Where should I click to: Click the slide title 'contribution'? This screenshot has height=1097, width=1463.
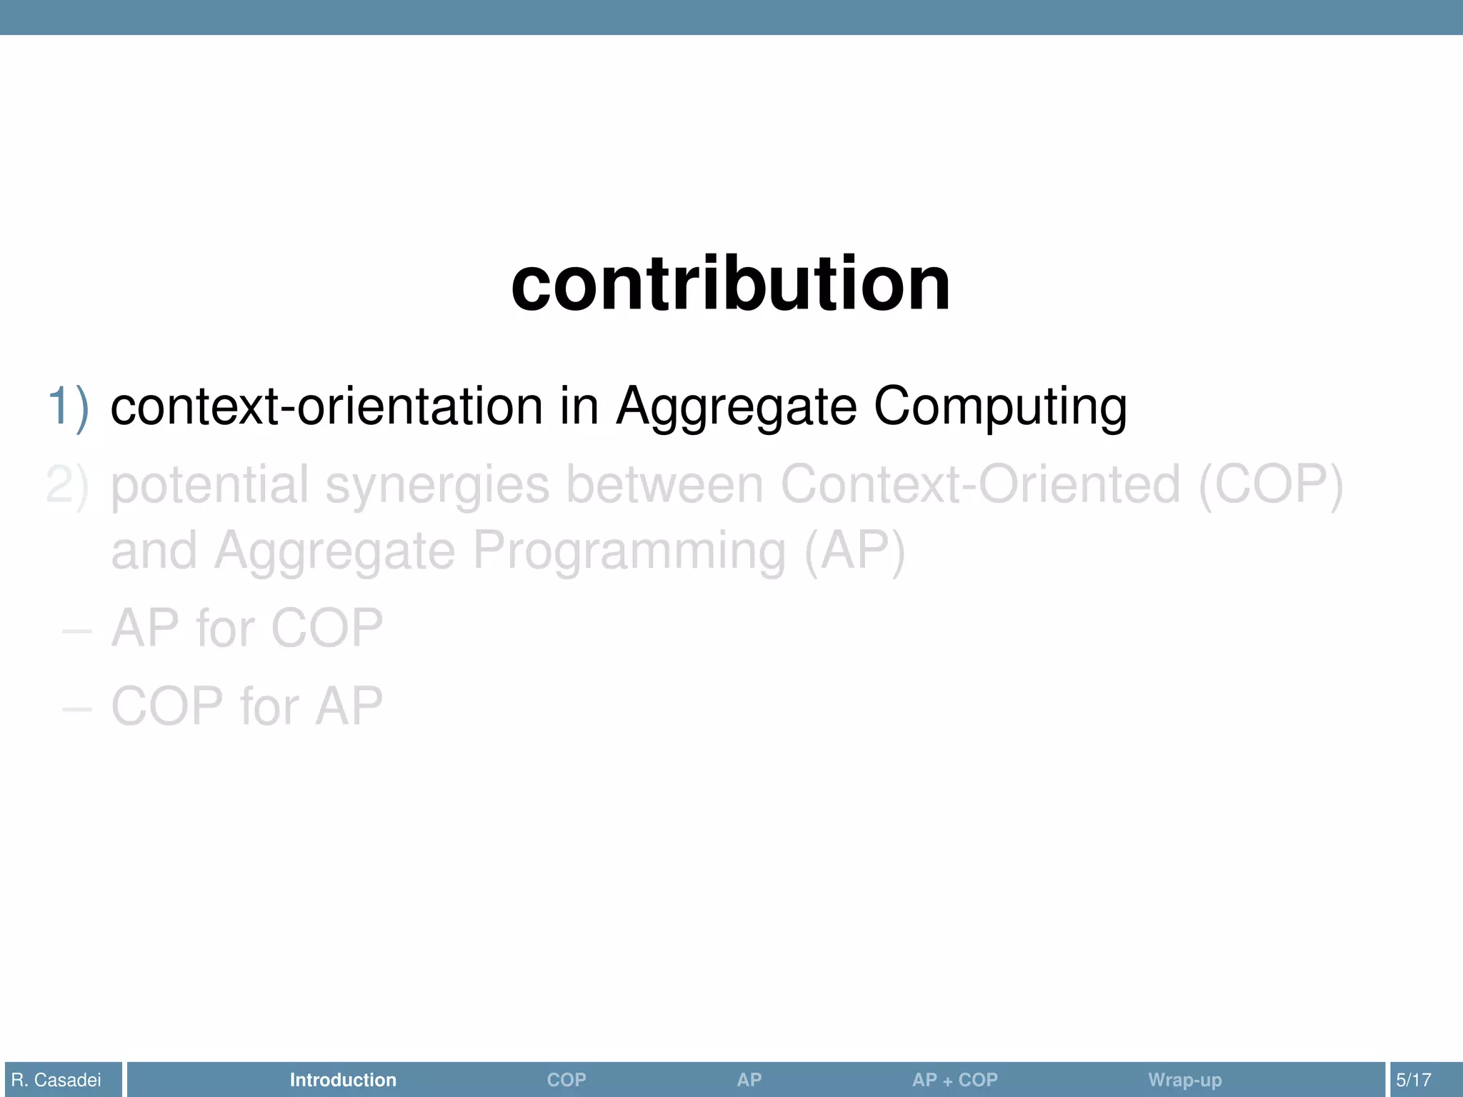pyautogui.click(x=730, y=284)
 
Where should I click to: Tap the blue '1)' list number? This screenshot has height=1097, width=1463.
pyautogui.click(x=68, y=407)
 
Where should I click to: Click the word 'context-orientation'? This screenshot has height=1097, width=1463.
pyautogui.click(x=326, y=407)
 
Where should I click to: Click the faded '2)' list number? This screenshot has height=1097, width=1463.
pyautogui.click(x=68, y=486)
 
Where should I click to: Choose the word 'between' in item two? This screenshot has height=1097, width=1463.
pyautogui.click(x=664, y=486)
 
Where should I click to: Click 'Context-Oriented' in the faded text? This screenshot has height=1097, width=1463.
pyautogui.click(x=980, y=486)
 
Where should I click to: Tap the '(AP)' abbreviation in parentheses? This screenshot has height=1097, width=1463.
pyautogui.click(x=854, y=551)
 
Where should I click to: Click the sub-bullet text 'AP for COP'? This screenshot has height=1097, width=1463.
pyautogui.click(x=246, y=628)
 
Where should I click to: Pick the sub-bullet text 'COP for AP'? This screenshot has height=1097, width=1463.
pyautogui.click(x=246, y=707)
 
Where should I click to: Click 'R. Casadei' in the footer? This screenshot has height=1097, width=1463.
pyautogui.click(x=56, y=1080)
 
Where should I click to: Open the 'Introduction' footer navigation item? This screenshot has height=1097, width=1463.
pyautogui.click(x=343, y=1080)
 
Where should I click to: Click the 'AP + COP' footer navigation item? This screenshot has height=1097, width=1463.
pyautogui.click(x=954, y=1080)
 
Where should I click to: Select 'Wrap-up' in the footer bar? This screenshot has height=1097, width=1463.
pyautogui.click(x=1184, y=1080)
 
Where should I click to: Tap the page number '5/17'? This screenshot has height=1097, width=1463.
pyautogui.click(x=1414, y=1080)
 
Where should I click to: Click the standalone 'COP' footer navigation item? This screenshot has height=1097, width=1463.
pyautogui.click(x=566, y=1080)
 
